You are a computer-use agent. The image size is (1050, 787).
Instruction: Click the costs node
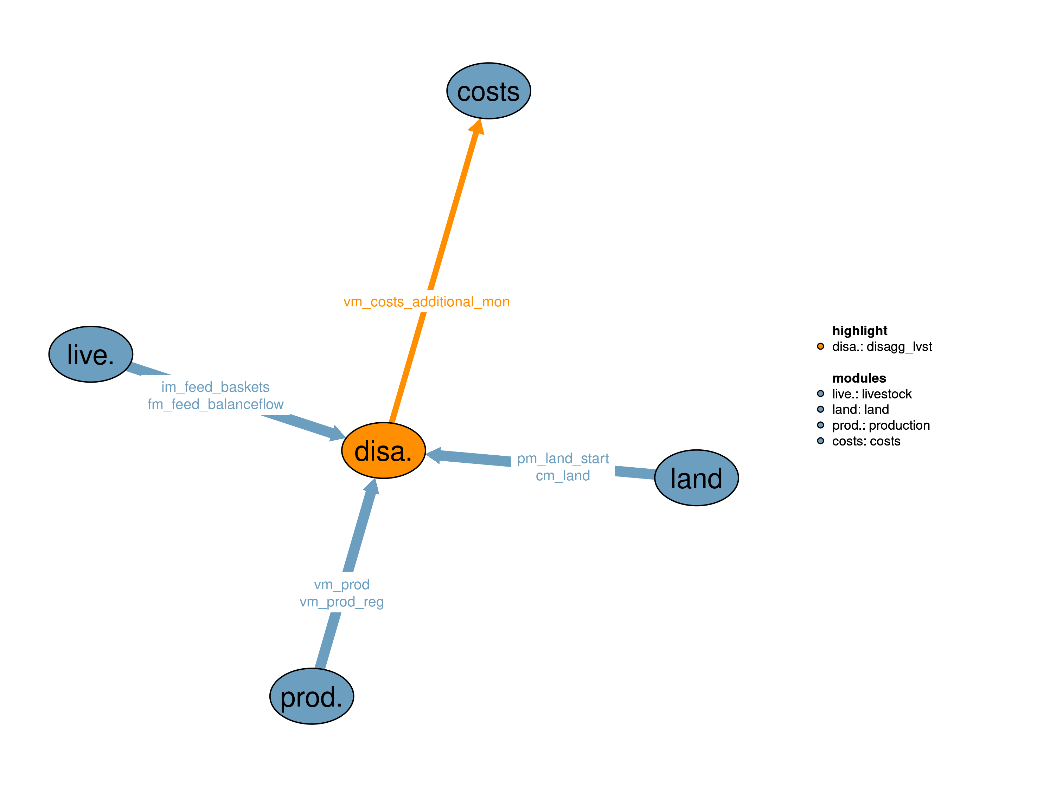488,91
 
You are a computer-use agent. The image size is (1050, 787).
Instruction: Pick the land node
696,478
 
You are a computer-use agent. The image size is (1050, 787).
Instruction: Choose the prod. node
312,696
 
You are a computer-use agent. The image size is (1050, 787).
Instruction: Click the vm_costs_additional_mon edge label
426,302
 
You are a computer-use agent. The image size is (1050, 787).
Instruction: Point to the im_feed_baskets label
215,387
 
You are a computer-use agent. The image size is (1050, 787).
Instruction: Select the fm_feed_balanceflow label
215,404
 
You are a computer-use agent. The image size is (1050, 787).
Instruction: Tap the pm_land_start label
563,458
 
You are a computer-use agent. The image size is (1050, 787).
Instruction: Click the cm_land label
563,475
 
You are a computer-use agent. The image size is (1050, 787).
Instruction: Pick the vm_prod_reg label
341,601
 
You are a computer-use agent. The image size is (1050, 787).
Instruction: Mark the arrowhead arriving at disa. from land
433,455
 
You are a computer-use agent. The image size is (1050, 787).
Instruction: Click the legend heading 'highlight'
859,331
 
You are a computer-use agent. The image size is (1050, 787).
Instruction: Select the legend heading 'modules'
859,378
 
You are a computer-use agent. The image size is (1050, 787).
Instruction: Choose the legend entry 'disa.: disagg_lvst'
882,347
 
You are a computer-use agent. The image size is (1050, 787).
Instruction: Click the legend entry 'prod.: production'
881,425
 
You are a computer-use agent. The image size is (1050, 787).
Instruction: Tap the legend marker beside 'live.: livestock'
820,393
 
